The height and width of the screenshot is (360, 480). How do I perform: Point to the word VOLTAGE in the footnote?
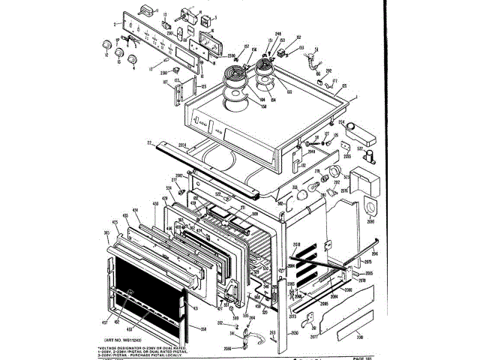click(112, 348)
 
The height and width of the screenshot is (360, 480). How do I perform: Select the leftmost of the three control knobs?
click(105, 54)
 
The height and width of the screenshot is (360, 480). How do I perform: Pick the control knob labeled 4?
click(134, 59)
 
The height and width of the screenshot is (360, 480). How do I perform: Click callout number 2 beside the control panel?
click(115, 25)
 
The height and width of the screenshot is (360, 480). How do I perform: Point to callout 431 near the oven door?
click(195, 309)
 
